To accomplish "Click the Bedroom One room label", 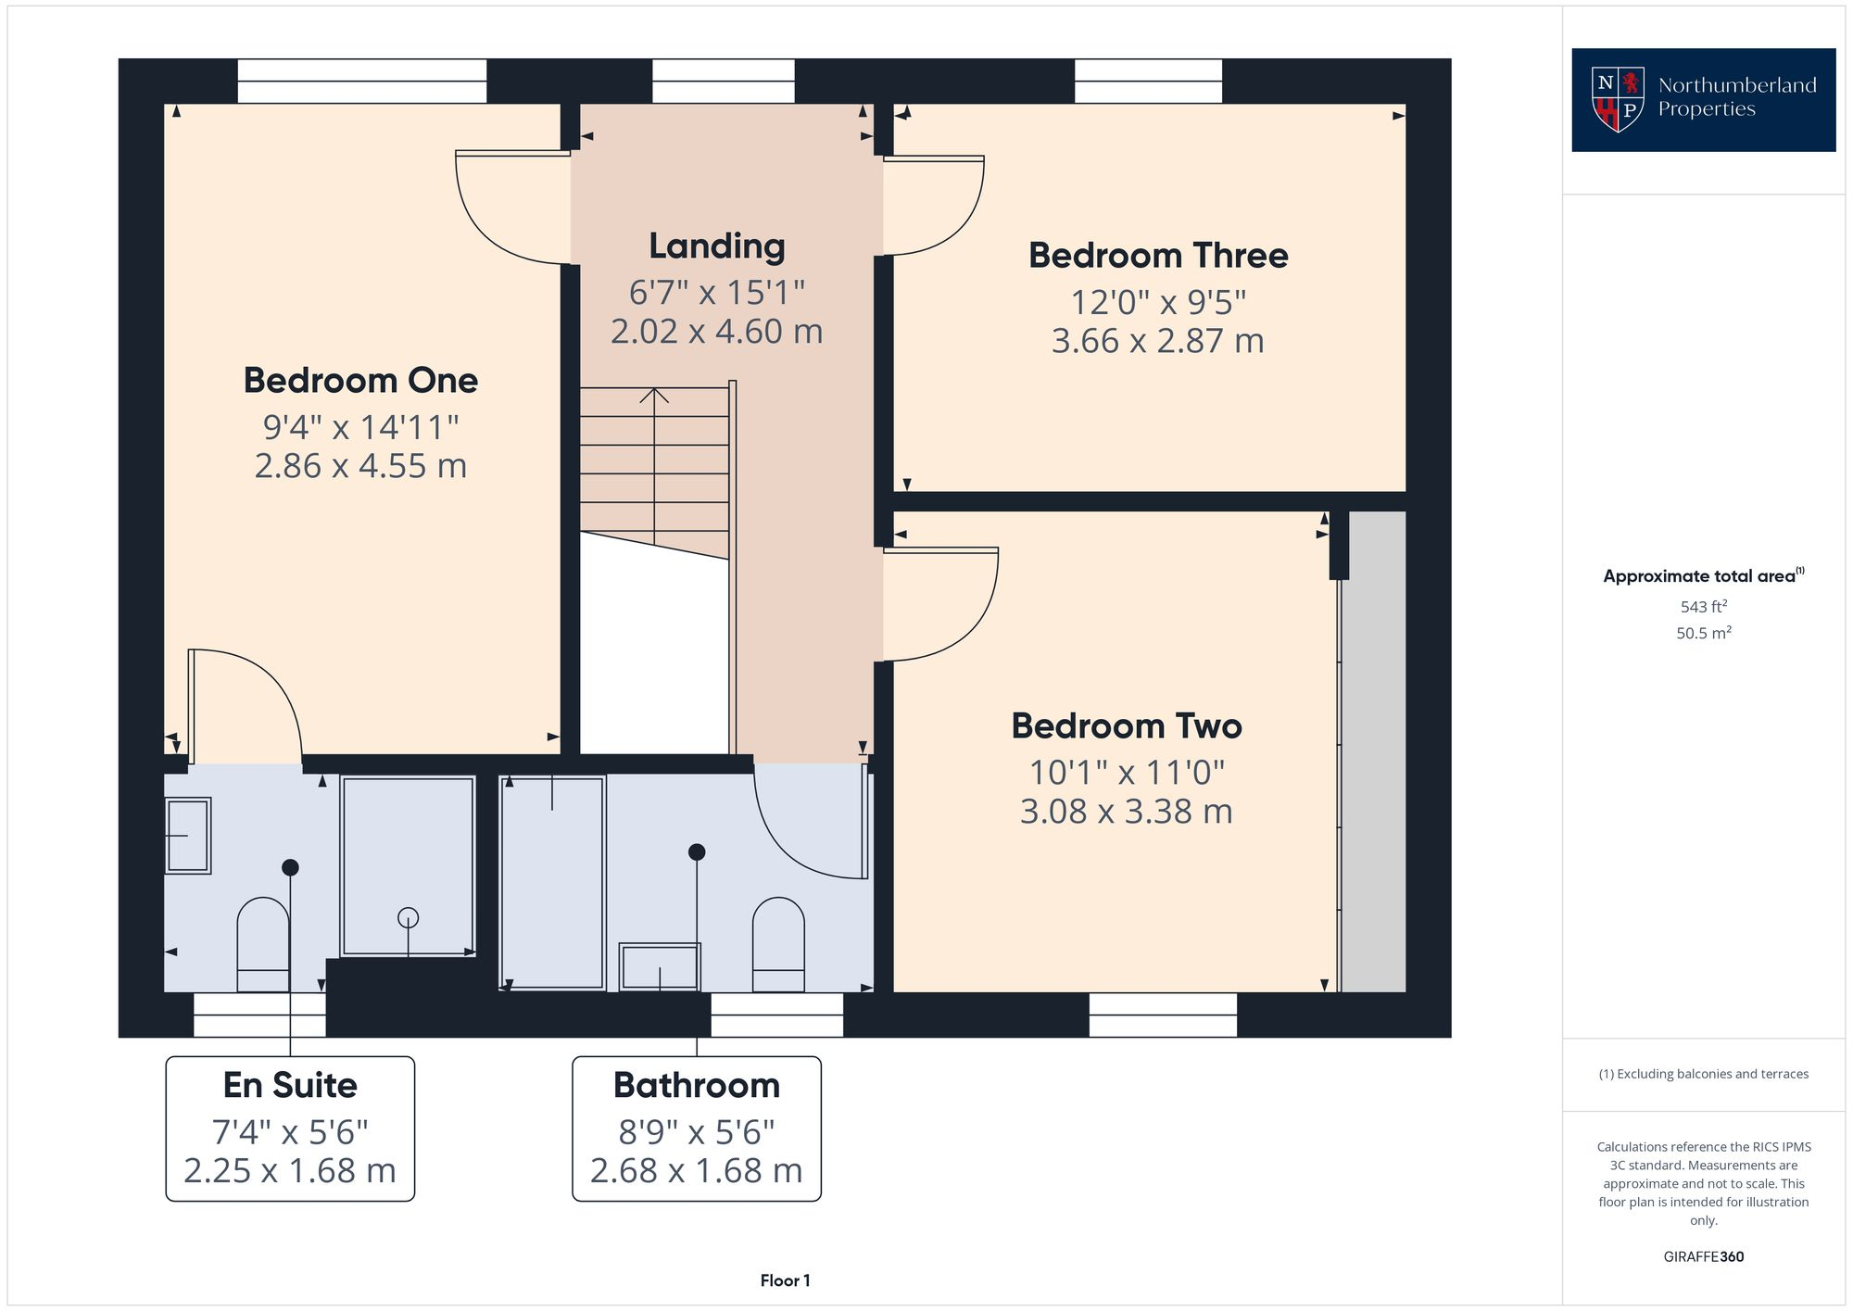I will [360, 381].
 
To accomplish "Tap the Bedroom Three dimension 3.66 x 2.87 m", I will [1157, 341].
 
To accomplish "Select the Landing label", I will [716, 246].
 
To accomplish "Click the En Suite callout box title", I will [290, 1085].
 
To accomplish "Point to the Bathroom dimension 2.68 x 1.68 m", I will [696, 1171].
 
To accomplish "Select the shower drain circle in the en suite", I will [408, 918].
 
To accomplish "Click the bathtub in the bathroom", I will [552, 882].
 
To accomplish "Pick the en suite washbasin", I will [188, 836].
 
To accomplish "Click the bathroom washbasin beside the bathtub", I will [660, 967].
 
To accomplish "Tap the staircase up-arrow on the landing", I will [654, 397].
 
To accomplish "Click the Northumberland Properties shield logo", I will [1617, 99].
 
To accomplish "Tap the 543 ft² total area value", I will [1703, 608].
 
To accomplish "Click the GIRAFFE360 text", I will [1703, 1257].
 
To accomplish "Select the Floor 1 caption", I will [785, 1281].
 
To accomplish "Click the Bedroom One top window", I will [362, 82].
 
